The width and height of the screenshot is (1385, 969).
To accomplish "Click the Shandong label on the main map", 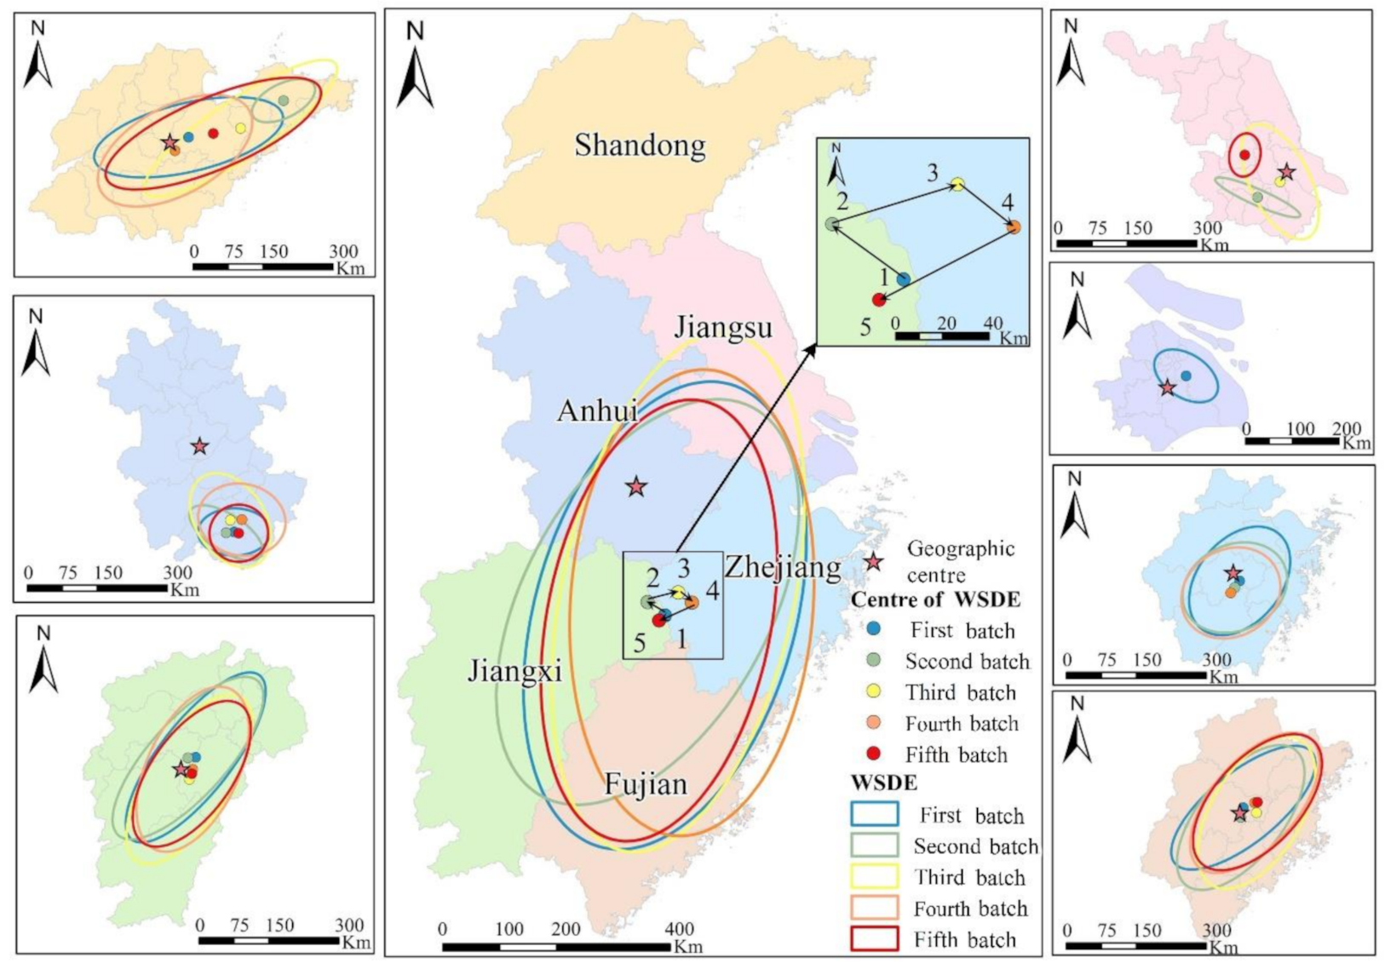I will [x=640, y=146].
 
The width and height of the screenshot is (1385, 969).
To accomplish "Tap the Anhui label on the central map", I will [x=597, y=411].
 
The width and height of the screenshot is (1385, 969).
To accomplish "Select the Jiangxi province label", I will [x=514, y=672].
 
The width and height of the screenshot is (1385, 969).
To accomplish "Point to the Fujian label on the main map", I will [x=646, y=784].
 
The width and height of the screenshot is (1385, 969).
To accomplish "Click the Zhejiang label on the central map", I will [x=783, y=567].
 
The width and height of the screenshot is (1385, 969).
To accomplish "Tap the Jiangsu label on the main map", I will [x=723, y=327].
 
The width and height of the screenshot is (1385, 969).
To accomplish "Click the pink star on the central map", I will [x=636, y=487].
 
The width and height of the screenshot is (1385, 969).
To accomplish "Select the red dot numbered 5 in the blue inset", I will [x=878, y=300].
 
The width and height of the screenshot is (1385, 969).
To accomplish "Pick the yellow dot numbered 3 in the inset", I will [x=957, y=184].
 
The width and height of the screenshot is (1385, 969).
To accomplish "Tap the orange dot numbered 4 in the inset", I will [x=1013, y=227].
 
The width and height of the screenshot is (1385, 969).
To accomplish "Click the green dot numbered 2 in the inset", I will [x=832, y=225].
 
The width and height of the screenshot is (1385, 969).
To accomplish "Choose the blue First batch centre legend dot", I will [x=873, y=629].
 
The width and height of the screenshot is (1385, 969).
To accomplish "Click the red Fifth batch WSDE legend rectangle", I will [x=874, y=938].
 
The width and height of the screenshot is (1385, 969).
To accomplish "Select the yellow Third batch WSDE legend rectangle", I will [x=874, y=876].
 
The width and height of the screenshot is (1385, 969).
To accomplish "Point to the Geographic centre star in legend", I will [x=872, y=562].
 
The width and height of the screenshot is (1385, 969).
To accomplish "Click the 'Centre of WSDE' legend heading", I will [x=935, y=599].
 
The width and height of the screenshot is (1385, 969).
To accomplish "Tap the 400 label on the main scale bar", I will [x=679, y=929].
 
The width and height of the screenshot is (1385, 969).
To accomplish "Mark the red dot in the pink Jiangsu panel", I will [x=1244, y=155].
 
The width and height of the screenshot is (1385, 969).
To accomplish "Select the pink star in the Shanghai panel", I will [x=1167, y=388].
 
